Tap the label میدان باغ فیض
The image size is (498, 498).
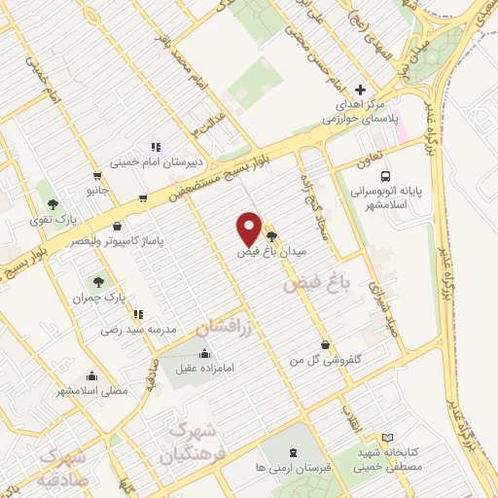click(x=273, y=251)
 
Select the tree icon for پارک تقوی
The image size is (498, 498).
click(x=53, y=204)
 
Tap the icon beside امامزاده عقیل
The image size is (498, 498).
click(x=205, y=354)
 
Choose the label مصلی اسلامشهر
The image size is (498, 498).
click(x=93, y=391)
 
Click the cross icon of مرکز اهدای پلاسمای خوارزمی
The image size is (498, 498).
click(x=360, y=89)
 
